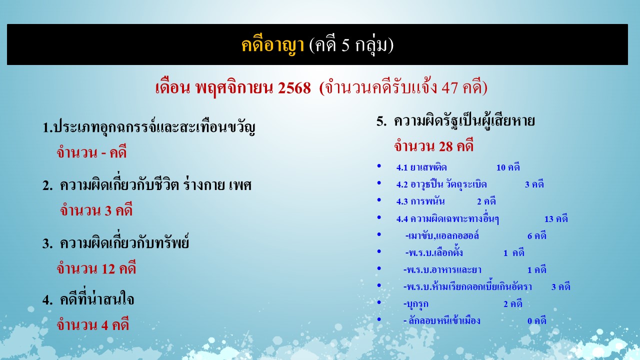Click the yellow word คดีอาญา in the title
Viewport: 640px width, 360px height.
(x=272, y=45)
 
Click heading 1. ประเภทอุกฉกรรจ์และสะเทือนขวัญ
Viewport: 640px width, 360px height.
(x=149, y=128)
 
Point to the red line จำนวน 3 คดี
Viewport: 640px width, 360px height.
(x=96, y=210)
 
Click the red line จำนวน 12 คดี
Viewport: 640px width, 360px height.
(x=96, y=268)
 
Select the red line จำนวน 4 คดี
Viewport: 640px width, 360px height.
(x=93, y=325)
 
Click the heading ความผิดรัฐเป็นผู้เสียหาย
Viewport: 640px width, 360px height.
(x=464, y=121)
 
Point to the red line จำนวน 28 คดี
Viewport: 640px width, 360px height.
(x=433, y=147)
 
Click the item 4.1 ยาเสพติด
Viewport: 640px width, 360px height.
(x=421, y=167)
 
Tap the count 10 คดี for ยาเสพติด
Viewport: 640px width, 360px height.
(x=508, y=167)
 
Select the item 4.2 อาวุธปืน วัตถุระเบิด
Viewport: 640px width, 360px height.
(x=441, y=184)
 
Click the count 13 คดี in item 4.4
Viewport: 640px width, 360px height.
(x=556, y=218)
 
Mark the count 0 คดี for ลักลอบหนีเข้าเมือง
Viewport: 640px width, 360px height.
(x=536, y=320)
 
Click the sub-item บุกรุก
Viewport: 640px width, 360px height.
(x=416, y=303)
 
